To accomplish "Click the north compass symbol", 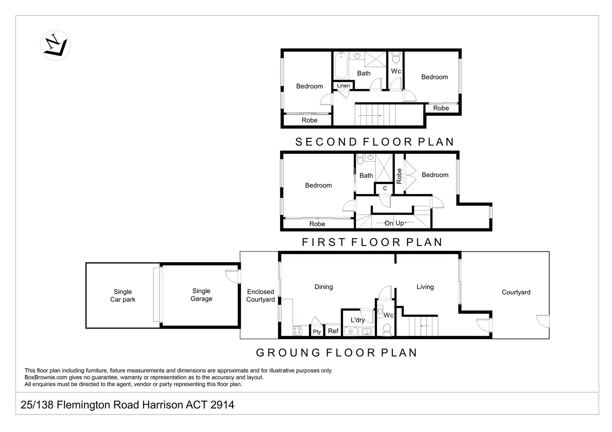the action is (55, 45).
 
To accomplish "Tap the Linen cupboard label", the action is (343, 86).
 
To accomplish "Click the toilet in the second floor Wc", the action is (396, 57).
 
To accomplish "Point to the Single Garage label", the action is (201, 295).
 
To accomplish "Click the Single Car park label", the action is (123, 296).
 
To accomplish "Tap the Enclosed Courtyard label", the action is (260, 296).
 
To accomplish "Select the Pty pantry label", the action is (317, 332).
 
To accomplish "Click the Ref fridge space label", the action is (333, 331).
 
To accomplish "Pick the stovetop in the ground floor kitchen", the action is (297, 331).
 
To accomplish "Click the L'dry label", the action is (358, 320).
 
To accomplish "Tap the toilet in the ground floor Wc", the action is (387, 330).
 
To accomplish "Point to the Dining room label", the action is (323, 287).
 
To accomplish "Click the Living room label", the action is (425, 287).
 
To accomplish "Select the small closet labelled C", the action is (385, 189).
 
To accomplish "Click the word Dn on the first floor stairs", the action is (389, 223).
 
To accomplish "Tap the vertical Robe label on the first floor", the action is (399, 176).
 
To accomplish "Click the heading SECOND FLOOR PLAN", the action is (375, 142).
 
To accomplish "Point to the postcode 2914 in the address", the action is (222, 405).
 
